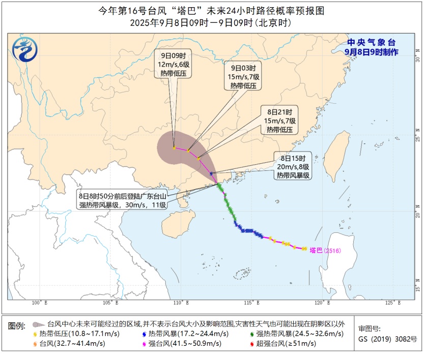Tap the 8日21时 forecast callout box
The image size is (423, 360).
pos(279,120)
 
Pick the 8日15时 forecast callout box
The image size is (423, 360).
pos(293,166)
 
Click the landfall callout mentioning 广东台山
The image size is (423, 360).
pos(122,200)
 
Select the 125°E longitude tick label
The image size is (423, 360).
pos(390,303)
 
